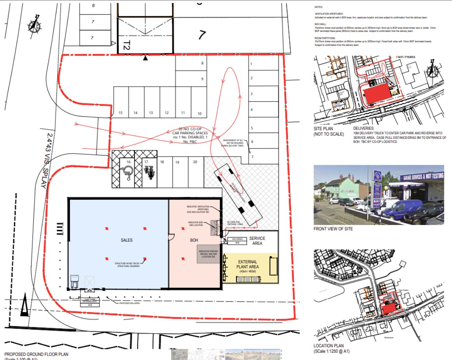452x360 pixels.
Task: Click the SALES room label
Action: coord(126,240)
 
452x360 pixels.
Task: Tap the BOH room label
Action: coord(194,241)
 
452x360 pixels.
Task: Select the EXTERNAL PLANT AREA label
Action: coord(251,264)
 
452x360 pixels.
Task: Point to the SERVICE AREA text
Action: coord(257,241)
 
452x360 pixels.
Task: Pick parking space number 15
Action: coord(121,113)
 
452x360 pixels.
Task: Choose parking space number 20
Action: coord(195,162)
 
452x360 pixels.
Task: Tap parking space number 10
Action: coord(200,114)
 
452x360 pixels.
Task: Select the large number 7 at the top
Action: coord(201,35)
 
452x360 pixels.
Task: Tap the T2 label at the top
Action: coord(126,46)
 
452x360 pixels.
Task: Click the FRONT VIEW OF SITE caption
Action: coord(333,229)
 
